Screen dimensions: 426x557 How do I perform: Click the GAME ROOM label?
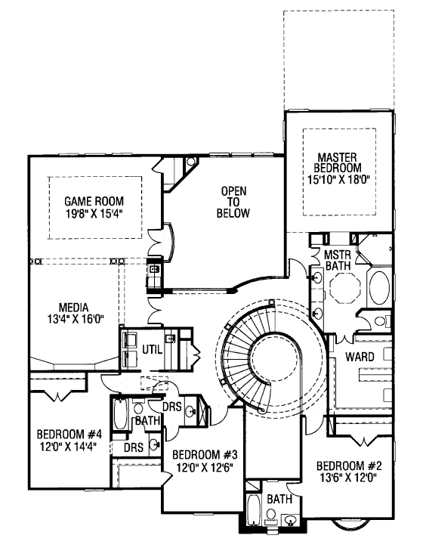pyautogui.click(x=94, y=202)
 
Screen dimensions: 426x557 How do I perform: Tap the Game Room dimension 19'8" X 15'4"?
pyautogui.click(x=94, y=213)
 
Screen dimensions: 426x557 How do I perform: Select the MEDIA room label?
pyautogui.click(x=73, y=308)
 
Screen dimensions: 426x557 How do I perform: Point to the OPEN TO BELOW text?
pyautogui.click(x=233, y=202)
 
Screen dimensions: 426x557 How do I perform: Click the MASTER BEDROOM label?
pyautogui.click(x=337, y=162)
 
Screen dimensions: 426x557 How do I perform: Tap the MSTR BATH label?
pyautogui.click(x=338, y=260)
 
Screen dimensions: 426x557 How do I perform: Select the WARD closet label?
pyautogui.click(x=360, y=357)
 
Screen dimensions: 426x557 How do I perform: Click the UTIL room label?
pyautogui.click(x=153, y=350)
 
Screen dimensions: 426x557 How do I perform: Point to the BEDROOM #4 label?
pyautogui.click(x=69, y=434)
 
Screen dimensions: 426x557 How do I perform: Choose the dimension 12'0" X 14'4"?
pyautogui.click(x=69, y=446)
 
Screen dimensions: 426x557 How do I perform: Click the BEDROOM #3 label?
pyautogui.click(x=205, y=455)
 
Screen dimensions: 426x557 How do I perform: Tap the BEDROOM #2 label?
pyautogui.click(x=349, y=466)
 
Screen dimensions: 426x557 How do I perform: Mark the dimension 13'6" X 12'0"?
pyautogui.click(x=347, y=477)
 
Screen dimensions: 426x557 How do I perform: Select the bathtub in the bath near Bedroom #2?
pyautogui.click(x=253, y=509)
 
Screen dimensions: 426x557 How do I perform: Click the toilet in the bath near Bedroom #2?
pyautogui.click(x=271, y=516)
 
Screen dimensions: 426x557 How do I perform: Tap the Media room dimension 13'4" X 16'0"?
pyautogui.click(x=76, y=319)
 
